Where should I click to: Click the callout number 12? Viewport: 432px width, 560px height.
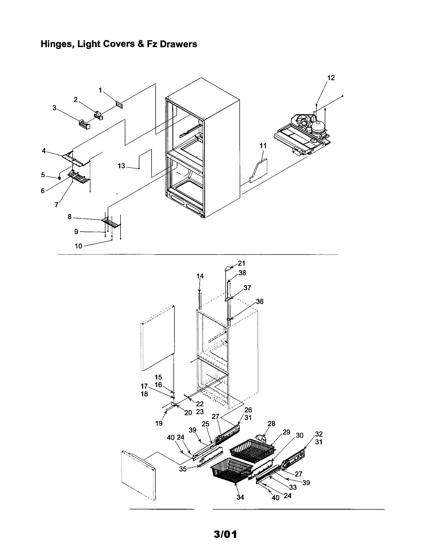point(331,78)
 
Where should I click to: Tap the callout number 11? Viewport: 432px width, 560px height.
point(263,146)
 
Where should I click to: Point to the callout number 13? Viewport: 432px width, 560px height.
point(121,166)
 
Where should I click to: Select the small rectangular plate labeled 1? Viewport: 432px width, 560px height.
point(119,105)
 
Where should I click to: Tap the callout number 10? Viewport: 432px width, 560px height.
point(78,246)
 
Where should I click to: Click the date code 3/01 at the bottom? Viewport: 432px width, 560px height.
point(225,534)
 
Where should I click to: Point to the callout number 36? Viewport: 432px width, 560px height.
point(260,302)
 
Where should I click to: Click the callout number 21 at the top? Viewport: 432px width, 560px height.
point(242,263)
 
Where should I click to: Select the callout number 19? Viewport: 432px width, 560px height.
point(159,423)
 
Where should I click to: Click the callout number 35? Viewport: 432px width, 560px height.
point(183,469)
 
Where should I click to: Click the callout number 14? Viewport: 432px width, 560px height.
point(200,276)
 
